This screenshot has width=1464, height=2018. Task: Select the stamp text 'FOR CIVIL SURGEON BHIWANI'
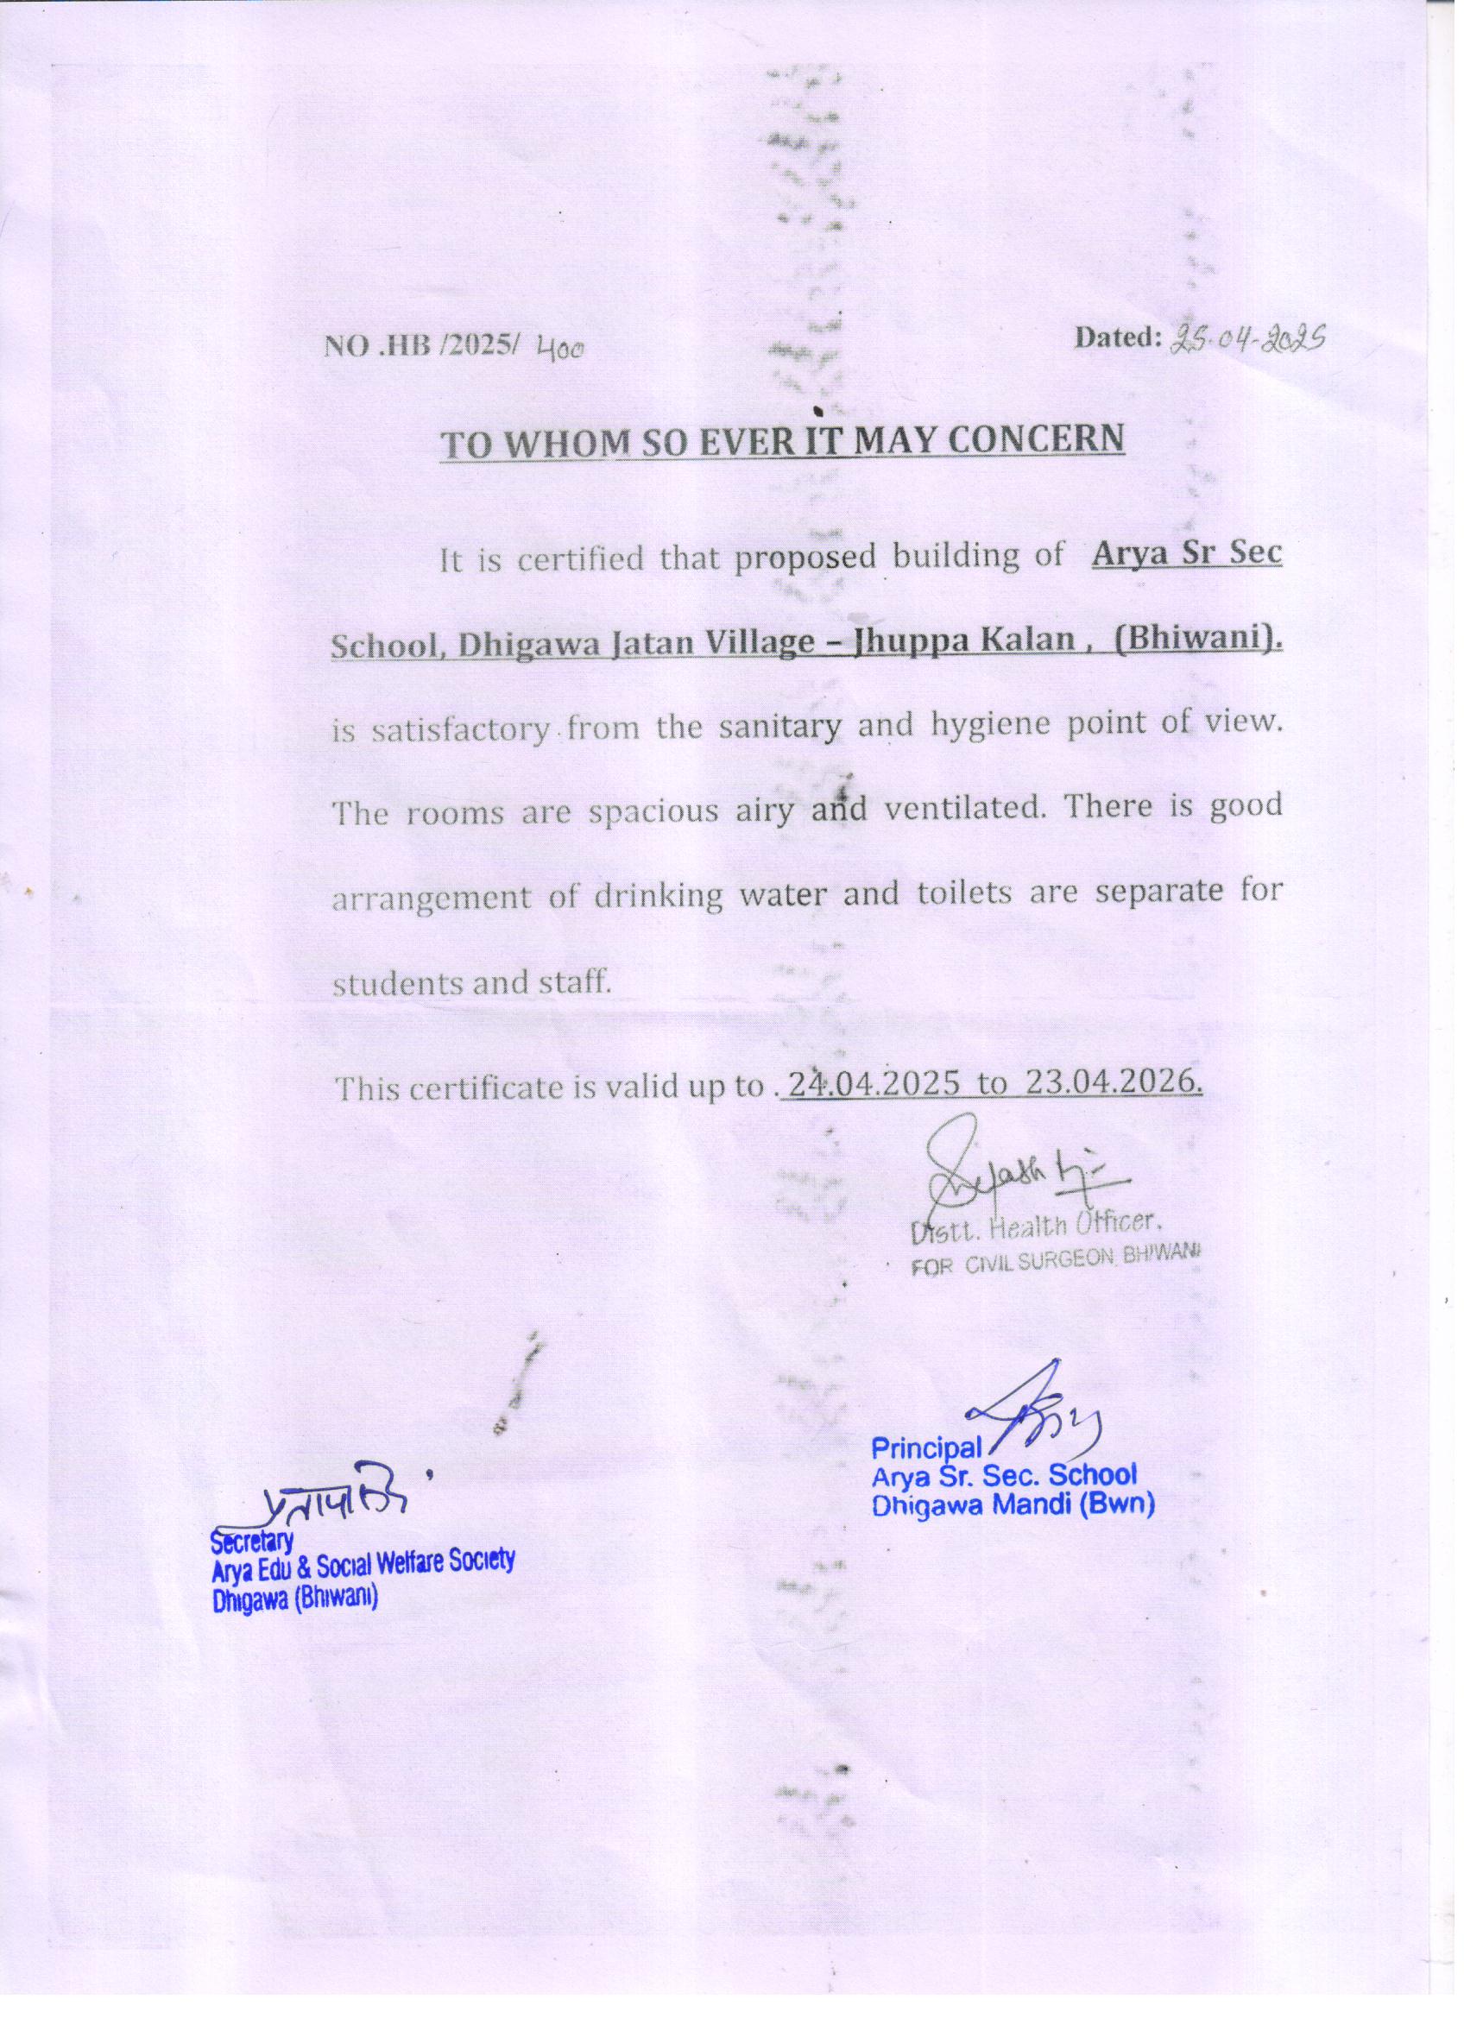coord(1056,1252)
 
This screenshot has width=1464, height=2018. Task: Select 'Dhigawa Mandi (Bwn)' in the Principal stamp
coord(1013,1504)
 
